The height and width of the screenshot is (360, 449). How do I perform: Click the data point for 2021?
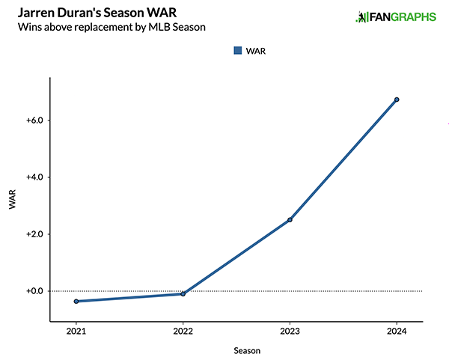(x=76, y=301)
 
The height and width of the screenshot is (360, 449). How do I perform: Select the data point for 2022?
(x=183, y=293)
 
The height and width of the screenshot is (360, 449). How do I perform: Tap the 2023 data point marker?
(x=290, y=219)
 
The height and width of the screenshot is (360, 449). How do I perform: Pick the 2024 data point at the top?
(x=397, y=100)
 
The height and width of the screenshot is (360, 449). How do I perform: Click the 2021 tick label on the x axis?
(x=76, y=330)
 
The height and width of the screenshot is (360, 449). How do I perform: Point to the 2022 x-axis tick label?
(x=183, y=330)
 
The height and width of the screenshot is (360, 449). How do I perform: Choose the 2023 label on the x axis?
(x=290, y=330)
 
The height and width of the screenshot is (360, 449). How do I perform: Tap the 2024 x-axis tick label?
(x=397, y=330)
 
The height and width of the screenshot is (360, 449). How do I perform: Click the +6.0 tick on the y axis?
(x=34, y=120)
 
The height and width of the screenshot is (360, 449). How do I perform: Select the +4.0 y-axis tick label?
(x=34, y=177)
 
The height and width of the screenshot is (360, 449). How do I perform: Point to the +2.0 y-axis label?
(x=34, y=234)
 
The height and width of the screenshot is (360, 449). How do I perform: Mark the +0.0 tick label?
(x=34, y=291)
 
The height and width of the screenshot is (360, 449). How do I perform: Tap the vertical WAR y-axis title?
(x=12, y=203)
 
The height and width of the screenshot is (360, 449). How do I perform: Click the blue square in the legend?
(x=238, y=51)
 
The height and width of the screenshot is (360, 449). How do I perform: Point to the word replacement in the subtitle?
(x=99, y=28)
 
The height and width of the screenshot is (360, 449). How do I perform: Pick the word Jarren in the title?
(x=32, y=13)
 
